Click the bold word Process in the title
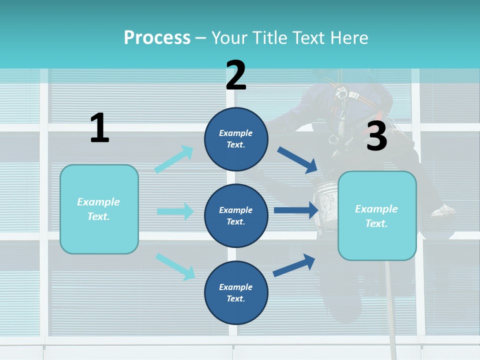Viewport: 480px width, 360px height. (157, 37)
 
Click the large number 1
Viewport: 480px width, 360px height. (99, 128)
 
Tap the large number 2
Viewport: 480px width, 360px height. (236, 75)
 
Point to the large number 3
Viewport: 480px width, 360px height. (376, 136)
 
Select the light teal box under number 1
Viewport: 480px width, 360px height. (99, 209)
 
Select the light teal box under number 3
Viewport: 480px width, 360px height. (377, 216)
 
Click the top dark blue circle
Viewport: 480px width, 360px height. (236, 139)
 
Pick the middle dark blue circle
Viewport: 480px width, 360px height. (236, 216)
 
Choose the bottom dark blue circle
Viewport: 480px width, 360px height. (236, 293)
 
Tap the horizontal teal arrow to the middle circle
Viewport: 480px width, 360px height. (175, 211)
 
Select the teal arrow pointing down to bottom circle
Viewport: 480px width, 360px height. (175, 266)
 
